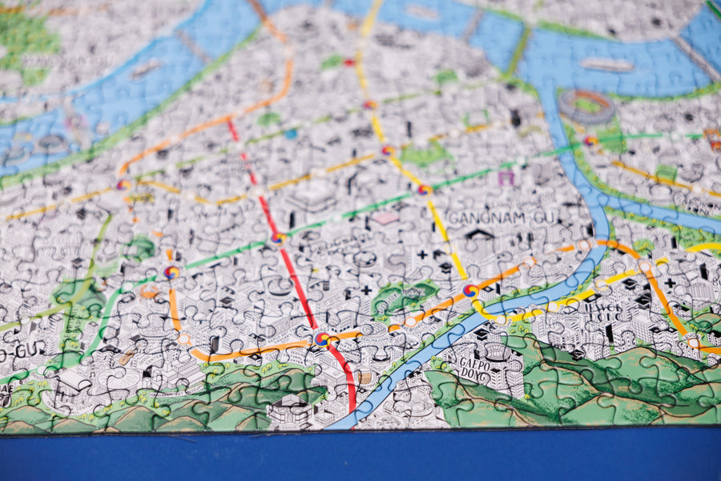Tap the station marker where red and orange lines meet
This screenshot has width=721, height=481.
pyautogui.click(x=322, y=339)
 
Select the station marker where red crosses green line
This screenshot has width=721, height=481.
pyautogui.click(x=277, y=237)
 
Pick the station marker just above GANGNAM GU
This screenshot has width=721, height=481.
pyautogui.click(x=424, y=190)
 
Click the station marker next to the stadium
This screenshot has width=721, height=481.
pyautogui.click(x=590, y=140)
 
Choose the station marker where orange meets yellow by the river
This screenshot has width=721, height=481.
pyautogui.click(x=470, y=291)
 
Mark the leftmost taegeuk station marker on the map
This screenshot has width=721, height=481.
pyautogui.click(x=123, y=184)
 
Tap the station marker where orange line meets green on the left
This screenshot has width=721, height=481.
pyautogui.click(x=171, y=273)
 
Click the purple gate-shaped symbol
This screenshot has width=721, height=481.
pyautogui.click(x=505, y=178)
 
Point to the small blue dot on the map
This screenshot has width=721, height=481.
pyautogui.click(x=291, y=134)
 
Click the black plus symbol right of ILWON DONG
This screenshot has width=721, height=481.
pyautogui.click(x=669, y=282)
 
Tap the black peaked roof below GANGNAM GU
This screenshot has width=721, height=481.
pyautogui.click(x=480, y=234)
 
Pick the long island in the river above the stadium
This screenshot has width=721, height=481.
pyautogui.click(x=606, y=64)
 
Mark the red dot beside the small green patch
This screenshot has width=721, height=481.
pyautogui.click(x=349, y=62)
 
